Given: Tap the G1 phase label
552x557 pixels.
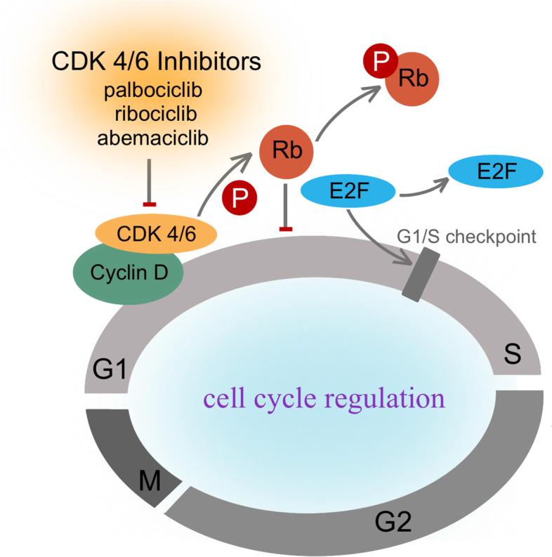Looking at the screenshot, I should [x=108, y=367].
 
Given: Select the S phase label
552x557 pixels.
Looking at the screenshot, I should [x=513, y=355].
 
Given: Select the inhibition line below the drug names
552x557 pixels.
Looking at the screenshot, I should [x=148, y=183].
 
